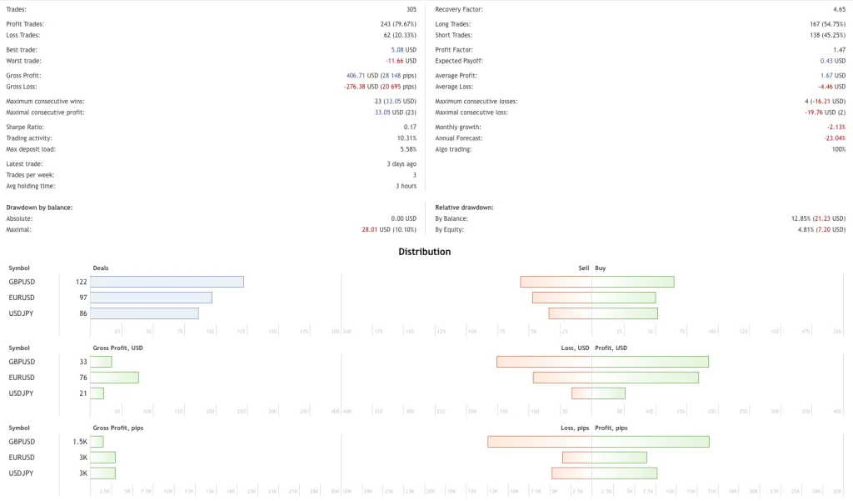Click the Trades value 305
pos(411,9)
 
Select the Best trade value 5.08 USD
pos(403,50)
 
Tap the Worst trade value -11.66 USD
pos(401,61)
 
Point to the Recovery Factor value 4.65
pos(839,9)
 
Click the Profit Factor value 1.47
pos(839,50)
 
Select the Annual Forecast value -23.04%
pos(835,138)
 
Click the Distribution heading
pos(425,251)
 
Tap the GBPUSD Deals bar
pos(167,282)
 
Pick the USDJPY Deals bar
pos(144,313)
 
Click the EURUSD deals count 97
pos(82,298)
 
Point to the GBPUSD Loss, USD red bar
pos(544,362)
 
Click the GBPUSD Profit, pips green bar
pos(651,442)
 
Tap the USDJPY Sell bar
pos(570,313)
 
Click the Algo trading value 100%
pos(837,149)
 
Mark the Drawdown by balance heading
pos(39,207)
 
